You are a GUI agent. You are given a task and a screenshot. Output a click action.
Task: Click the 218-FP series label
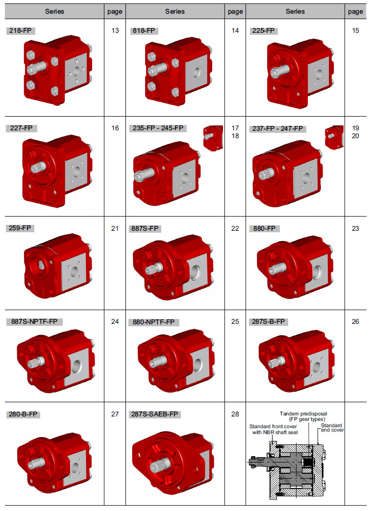pos(20,31)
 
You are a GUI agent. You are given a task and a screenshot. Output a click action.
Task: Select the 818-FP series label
pos(144,31)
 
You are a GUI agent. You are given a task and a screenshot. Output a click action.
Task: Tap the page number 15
pos(355,31)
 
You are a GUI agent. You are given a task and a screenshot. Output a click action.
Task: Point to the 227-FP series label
pos(21,128)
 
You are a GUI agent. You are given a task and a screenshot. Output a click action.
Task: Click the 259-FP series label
pos(20,228)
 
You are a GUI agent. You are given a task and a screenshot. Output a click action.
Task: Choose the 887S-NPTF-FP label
pos(34,322)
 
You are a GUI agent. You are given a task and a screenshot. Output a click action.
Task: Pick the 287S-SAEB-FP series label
pos(154,414)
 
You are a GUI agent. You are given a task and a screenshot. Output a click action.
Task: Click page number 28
pos(235,414)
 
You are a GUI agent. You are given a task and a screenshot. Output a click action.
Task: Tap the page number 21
pos(115,228)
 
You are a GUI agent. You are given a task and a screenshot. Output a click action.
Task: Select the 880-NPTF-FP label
pos(153,322)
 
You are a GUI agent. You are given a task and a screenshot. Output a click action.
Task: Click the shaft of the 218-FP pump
pos(37,68)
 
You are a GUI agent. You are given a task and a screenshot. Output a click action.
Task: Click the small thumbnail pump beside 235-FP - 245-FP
pos(213,138)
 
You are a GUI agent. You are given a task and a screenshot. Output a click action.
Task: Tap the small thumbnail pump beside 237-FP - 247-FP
pos(334,137)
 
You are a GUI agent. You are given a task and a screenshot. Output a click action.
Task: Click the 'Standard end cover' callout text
pos(332,428)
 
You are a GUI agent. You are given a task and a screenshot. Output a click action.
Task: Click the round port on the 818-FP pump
pos(197,72)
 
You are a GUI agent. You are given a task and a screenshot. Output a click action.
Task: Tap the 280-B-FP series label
pos(23,414)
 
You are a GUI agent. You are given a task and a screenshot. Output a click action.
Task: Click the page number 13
pos(115,31)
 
